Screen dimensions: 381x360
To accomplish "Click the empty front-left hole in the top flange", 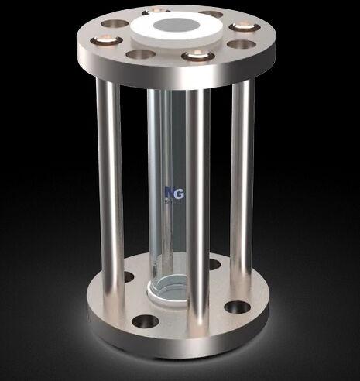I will (x=139, y=55).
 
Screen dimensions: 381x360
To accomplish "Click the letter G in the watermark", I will (x=175, y=191).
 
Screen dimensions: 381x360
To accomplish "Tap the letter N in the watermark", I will (x=168, y=191).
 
